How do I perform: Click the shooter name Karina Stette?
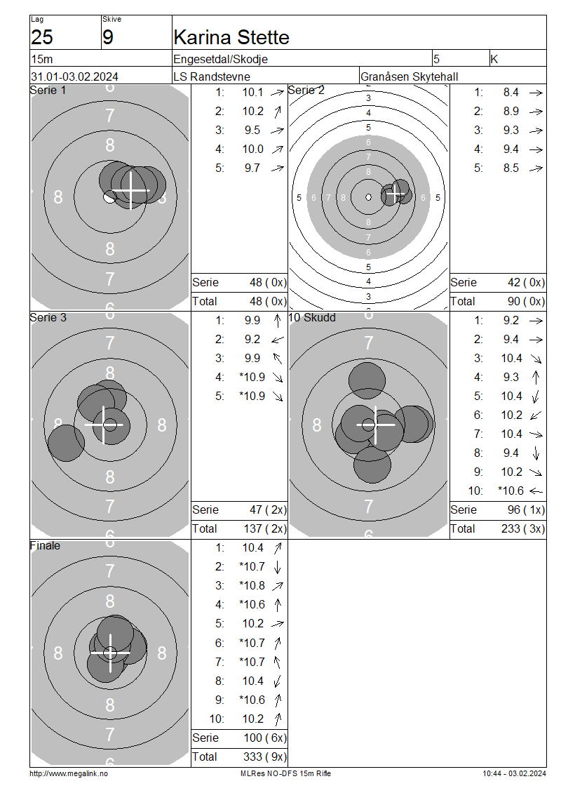click(x=231, y=37)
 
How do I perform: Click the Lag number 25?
click(x=42, y=37)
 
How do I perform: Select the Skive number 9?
click(x=108, y=37)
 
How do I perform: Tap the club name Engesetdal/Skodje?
click(x=220, y=59)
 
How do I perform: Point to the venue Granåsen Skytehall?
click(x=410, y=77)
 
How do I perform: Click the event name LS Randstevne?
click(x=212, y=77)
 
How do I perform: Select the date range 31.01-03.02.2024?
click(x=74, y=77)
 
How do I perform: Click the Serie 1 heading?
click(x=48, y=91)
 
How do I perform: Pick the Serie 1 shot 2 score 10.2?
click(x=252, y=112)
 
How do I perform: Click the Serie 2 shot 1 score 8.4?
click(x=511, y=93)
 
